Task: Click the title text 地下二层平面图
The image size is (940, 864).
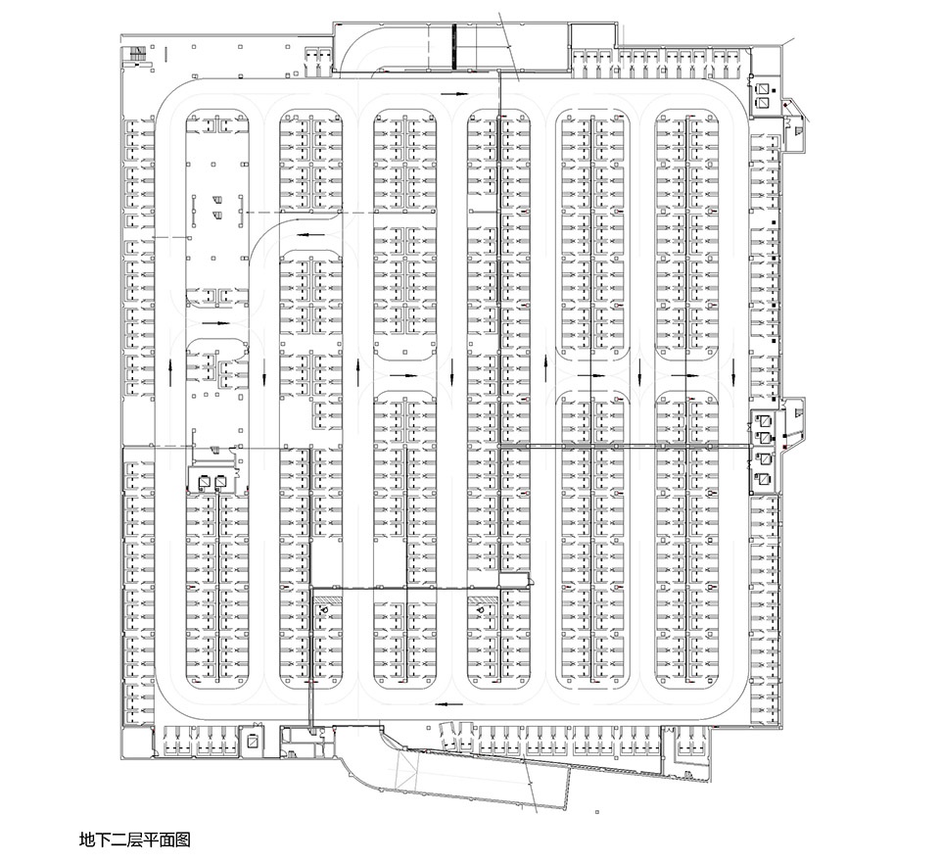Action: tap(135, 839)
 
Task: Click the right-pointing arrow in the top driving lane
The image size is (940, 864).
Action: tap(454, 93)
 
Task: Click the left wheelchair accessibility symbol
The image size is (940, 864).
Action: tap(324, 609)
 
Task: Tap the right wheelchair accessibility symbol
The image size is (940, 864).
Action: tap(480, 609)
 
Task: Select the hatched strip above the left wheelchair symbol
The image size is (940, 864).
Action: tap(327, 599)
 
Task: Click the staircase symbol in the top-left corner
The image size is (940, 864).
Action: tap(137, 53)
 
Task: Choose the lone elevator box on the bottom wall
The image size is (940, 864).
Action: tap(253, 742)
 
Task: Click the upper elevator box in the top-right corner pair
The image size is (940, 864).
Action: tap(763, 88)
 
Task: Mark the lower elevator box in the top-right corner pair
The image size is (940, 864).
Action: tap(763, 103)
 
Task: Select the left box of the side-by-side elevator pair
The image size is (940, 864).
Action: tap(205, 481)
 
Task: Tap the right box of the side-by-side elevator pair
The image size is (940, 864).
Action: tap(220, 481)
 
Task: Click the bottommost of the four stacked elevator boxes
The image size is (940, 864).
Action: tap(765, 478)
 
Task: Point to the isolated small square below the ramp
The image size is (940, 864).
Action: tap(597, 812)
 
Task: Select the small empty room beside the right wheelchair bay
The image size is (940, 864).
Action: tap(515, 579)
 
